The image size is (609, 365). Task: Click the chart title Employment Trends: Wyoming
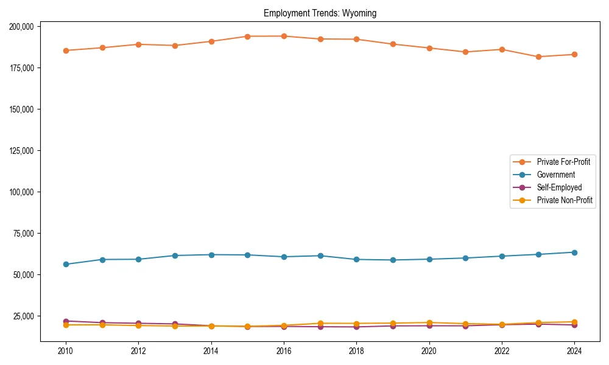(x=320, y=13)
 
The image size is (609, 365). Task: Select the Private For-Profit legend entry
(x=563, y=162)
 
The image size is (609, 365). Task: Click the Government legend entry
(x=555, y=175)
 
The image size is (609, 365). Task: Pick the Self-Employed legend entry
(x=559, y=187)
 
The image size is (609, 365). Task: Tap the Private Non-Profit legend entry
(x=565, y=200)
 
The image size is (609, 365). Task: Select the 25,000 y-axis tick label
(x=23, y=316)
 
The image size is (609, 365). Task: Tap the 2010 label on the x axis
(x=66, y=351)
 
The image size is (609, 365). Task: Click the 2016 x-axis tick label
(x=284, y=351)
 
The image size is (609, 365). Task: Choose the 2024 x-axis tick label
(x=574, y=351)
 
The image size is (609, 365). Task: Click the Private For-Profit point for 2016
(x=284, y=36)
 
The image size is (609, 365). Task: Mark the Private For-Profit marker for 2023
(x=538, y=57)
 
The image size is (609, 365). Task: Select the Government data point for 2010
(x=66, y=264)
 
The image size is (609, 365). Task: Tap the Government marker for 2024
(x=574, y=252)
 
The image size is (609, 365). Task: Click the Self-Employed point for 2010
(x=66, y=321)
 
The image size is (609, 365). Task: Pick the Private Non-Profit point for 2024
(x=574, y=322)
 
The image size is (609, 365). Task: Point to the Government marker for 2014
(x=211, y=254)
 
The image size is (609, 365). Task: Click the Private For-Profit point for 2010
(x=66, y=50)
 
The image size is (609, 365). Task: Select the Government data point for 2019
(x=393, y=260)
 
